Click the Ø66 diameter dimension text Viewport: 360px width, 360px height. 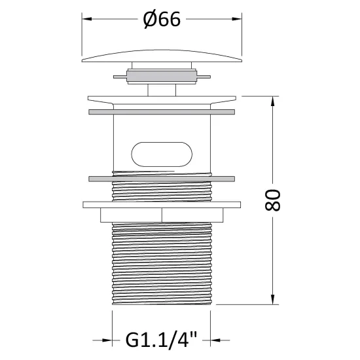pos(162,19)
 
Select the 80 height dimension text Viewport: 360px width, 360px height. pos(272,200)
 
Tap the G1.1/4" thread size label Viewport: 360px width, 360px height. pos(161,340)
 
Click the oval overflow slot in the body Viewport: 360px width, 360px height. pos(162,154)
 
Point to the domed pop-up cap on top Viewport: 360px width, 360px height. pos(162,56)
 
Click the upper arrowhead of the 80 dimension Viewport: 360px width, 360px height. pos(272,101)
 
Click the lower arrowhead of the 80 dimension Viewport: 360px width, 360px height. pos(272,300)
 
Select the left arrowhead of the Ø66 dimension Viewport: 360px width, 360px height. pos(87,19)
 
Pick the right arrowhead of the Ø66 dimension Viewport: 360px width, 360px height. pos(237,19)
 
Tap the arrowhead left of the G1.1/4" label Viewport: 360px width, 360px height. pos(107,340)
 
